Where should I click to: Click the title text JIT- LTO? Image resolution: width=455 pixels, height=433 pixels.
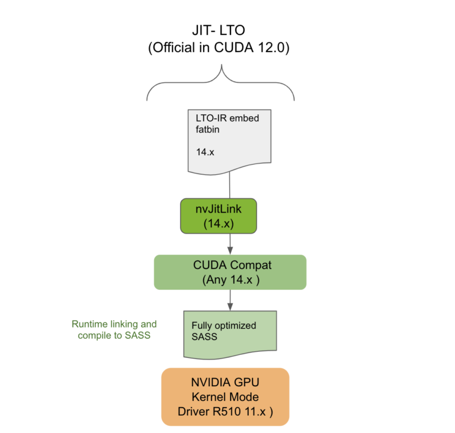220,30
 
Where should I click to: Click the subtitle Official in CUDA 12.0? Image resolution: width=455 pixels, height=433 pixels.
220,49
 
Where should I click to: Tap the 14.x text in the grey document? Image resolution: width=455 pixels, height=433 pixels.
205,152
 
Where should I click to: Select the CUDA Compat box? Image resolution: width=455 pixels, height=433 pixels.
230,272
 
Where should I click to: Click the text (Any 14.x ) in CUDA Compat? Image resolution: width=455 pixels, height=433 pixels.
230,280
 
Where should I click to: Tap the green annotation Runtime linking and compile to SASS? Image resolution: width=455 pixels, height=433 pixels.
114,330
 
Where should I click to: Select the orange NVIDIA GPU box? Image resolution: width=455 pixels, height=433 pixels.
225,396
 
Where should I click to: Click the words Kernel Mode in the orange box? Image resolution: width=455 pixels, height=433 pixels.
225,396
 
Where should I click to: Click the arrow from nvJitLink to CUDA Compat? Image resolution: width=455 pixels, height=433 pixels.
229,243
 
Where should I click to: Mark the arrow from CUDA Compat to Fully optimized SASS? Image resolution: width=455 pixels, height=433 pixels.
229,300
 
